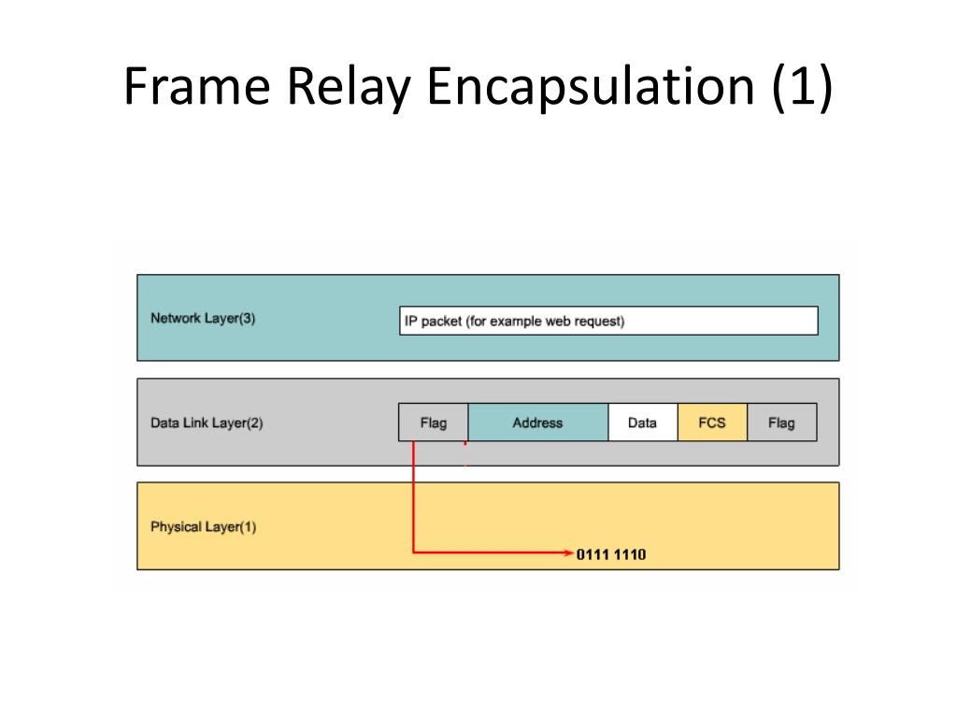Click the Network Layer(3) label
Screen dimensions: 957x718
point(203,318)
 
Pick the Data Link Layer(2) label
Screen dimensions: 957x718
point(207,423)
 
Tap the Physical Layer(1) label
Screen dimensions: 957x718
point(203,526)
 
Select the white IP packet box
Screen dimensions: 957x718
point(607,321)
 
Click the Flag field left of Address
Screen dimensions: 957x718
point(433,423)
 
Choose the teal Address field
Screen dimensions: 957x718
point(537,423)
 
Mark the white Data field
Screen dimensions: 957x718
point(642,423)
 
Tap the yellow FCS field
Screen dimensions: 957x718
point(712,423)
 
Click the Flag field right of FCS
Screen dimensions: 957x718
point(781,423)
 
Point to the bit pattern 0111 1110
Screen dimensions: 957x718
point(611,554)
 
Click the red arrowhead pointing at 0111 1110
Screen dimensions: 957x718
point(568,553)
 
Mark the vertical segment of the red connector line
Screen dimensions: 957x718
point(413,495)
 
